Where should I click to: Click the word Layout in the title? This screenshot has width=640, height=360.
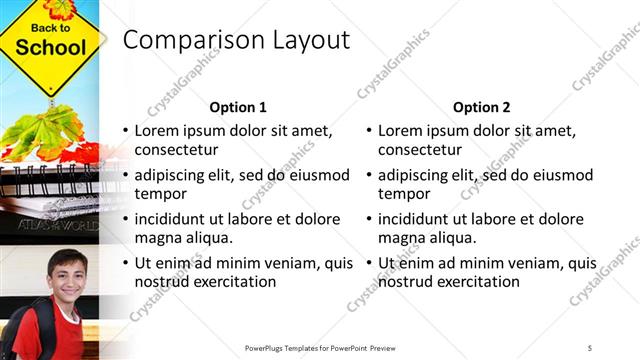click(309, 40)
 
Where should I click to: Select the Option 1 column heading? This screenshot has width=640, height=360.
click(238, 107)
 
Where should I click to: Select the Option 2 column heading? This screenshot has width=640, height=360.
click(481, 107)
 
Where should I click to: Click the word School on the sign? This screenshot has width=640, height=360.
click(50, 48)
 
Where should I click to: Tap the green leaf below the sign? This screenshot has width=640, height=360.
click(45, 130)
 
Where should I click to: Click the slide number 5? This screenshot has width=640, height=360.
click(590, 347)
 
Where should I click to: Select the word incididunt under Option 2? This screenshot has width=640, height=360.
click(421, 219)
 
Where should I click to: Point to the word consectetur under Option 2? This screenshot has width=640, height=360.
click(420, 150)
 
